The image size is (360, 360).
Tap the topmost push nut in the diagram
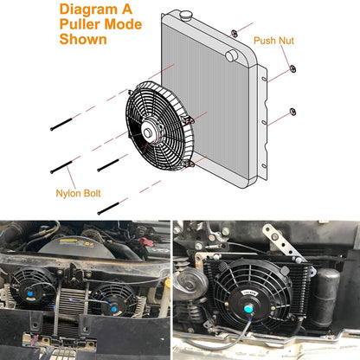click(x=234, y=33)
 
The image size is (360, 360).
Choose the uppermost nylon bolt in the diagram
click(x=67, y=124)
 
